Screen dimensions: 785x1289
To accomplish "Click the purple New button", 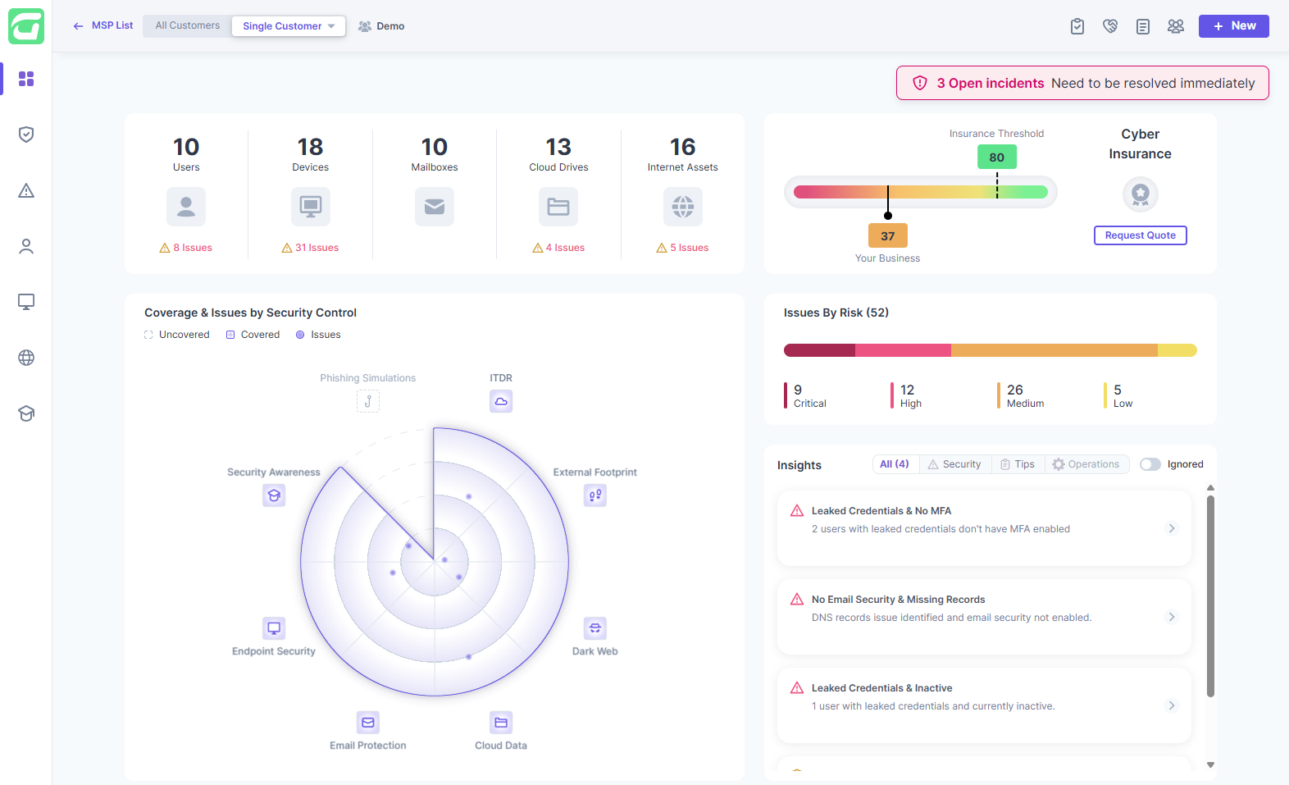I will click(1233, 26).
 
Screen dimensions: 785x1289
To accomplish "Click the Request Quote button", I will click(1140, 235).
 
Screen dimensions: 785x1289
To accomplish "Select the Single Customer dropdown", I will click(288, 26).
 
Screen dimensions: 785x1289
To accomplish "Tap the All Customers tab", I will click(188, 25).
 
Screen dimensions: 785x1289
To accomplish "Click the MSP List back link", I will click(103, 25).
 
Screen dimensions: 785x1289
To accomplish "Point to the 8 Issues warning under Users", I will click(186, 248).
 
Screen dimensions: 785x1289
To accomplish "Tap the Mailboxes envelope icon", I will click(435, 207).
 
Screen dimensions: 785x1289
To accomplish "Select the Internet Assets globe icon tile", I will click(683, 207).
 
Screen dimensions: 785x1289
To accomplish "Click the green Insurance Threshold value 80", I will click(996, 157).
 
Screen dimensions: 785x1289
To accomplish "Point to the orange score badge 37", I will click(887, 236).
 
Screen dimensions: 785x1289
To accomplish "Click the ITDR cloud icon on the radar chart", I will click(501, 401).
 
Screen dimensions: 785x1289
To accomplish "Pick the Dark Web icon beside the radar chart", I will click(595, 628).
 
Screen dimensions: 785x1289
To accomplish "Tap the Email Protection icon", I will click(368, 723).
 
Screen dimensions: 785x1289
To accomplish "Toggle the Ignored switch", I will click(1150, 464).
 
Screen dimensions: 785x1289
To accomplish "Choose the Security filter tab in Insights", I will click(954, 464).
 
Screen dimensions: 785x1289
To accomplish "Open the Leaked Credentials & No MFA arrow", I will click(1172, 528).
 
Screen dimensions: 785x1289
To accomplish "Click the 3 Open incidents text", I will click(990, 84).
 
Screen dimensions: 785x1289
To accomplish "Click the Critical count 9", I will click(798, 390).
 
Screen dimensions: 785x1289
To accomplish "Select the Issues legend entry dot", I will click(300, 335).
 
